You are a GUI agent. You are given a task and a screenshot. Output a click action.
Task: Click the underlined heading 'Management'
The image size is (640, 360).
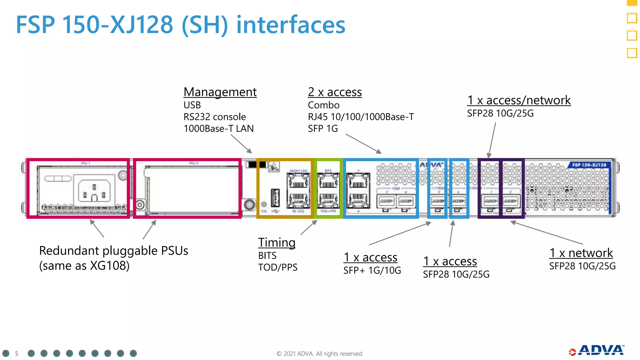pos(220,92)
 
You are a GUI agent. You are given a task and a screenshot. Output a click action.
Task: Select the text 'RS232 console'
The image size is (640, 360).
pos(215,117)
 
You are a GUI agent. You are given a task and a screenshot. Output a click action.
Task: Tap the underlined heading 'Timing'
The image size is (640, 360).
pos(277,242)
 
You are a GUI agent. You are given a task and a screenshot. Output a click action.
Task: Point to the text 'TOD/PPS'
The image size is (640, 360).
pos(278,267)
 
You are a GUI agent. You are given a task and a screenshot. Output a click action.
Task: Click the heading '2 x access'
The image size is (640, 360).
pos(335,92)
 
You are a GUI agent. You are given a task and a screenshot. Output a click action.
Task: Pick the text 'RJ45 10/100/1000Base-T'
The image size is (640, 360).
pos(361,117)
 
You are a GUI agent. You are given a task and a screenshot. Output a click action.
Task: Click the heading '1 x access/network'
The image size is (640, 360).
pos(519,100)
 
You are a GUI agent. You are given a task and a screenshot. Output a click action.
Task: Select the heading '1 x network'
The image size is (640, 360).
pos(581,253)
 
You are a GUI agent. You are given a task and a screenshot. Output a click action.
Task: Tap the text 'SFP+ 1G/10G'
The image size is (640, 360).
pos(372,270)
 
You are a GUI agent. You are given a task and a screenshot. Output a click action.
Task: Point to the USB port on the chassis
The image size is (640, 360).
pos(275,198)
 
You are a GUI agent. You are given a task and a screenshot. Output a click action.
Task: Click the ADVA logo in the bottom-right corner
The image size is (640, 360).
pos(597,351)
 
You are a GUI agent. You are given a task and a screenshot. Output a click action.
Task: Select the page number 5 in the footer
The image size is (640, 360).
pos(17,353)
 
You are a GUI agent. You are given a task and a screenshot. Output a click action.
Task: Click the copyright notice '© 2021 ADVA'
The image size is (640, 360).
pos(320,354)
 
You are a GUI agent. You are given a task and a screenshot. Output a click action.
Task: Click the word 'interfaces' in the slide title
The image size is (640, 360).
pos(291,25)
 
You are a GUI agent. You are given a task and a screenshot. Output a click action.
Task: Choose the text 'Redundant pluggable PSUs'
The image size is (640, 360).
pos(113,251)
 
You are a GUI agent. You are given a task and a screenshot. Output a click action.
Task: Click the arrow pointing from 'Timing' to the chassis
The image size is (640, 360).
pos(309,227)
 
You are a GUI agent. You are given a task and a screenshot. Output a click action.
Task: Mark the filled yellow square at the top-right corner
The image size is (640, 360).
pos(632,2)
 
